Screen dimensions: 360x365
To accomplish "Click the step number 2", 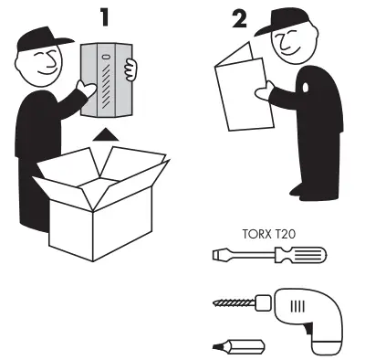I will coord(240,19).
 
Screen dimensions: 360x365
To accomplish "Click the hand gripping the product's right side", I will coord(131,70).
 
